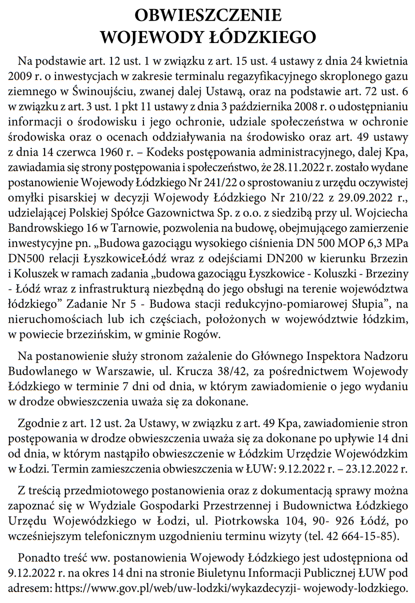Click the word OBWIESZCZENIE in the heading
pyautogui.click(x=207, y=15)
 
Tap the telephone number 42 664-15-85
pyautogui.click(x=362, y=536)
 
